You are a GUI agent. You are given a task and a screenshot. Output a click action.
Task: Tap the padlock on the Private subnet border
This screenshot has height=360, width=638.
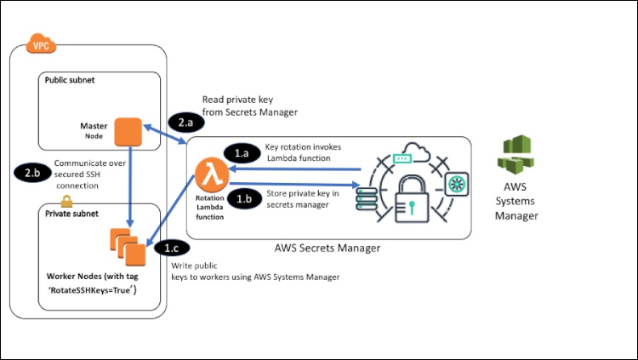pyautogui.click(x=66, y=201)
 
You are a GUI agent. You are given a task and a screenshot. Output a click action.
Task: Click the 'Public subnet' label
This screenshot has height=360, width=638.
pyautogui.click(x=70, y=82)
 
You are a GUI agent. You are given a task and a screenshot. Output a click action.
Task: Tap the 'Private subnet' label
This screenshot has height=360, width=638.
pyautogui.click(x=71, y=215)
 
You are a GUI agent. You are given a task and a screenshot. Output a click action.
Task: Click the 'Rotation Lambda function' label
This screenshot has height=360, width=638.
pyautogui.click(x=209, y=210)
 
